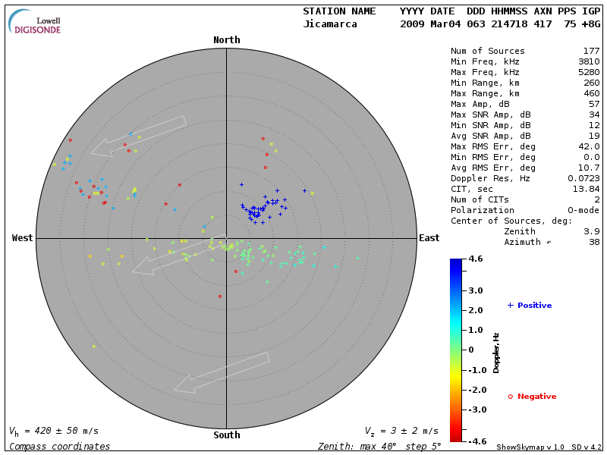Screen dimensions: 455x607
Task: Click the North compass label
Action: pyautogui.click(x=226, y=40)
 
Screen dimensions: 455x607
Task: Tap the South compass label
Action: pyautogui.click(x=226, y=435)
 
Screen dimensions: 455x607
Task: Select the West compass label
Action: pyautogui.click(x=22, y=238)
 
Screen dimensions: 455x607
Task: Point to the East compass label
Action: pyautogui.click(x=429, y=238)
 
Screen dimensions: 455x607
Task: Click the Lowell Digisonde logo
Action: pyautogui.click(x=36, y=21)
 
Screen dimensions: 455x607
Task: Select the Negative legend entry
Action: pyautogui.click(x=533, y=397)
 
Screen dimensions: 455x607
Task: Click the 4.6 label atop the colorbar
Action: pyautogui.click(x=476, y=259)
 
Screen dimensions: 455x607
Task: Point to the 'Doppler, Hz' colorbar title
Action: pyautogui.click(x=496, y=352)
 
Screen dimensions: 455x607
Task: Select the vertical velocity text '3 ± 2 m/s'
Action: pyautogui.click(x=409, y=431)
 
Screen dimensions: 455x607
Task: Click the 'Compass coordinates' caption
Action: pyautogui.click(x=59, y=447)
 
